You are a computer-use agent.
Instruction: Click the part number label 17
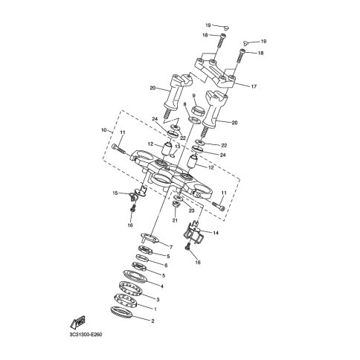(x=254, y=86)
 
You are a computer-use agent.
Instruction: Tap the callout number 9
(x=193, y=96)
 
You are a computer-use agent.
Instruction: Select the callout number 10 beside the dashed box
(x=104, y=129)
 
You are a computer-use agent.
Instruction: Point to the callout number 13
(x=177, y=147)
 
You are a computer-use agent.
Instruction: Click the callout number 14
(x=216, y=233)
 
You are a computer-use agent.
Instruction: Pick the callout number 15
(x=115, y=193)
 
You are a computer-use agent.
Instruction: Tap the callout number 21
(x=175, y=220)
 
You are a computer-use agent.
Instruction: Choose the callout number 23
(x=191, y=210)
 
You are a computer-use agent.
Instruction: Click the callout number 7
(x=171, y=247)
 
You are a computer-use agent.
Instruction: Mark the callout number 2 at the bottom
(x=152, y=321)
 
